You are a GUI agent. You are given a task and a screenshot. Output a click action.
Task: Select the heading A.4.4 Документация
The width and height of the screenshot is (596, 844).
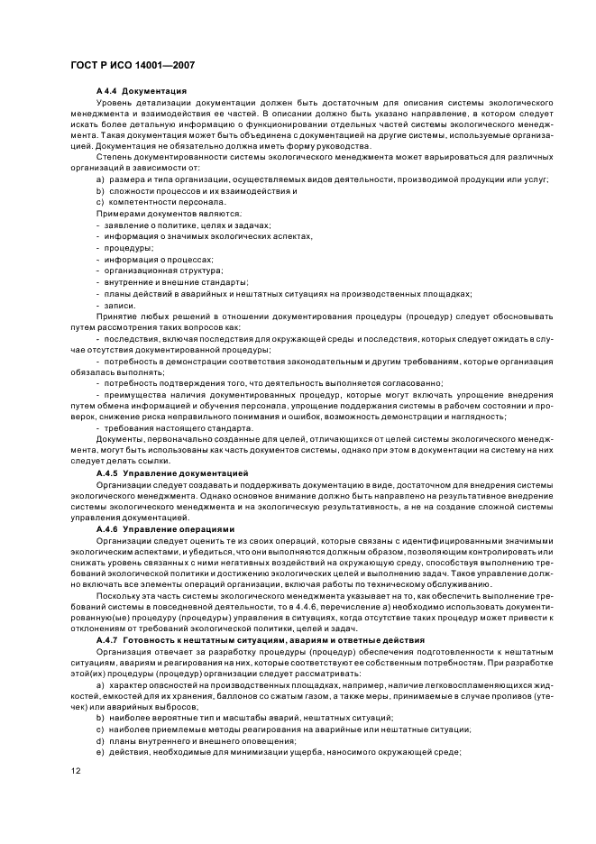coord(141,91)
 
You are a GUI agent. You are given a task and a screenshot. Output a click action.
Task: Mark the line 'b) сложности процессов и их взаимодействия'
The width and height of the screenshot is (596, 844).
coord(189,189)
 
